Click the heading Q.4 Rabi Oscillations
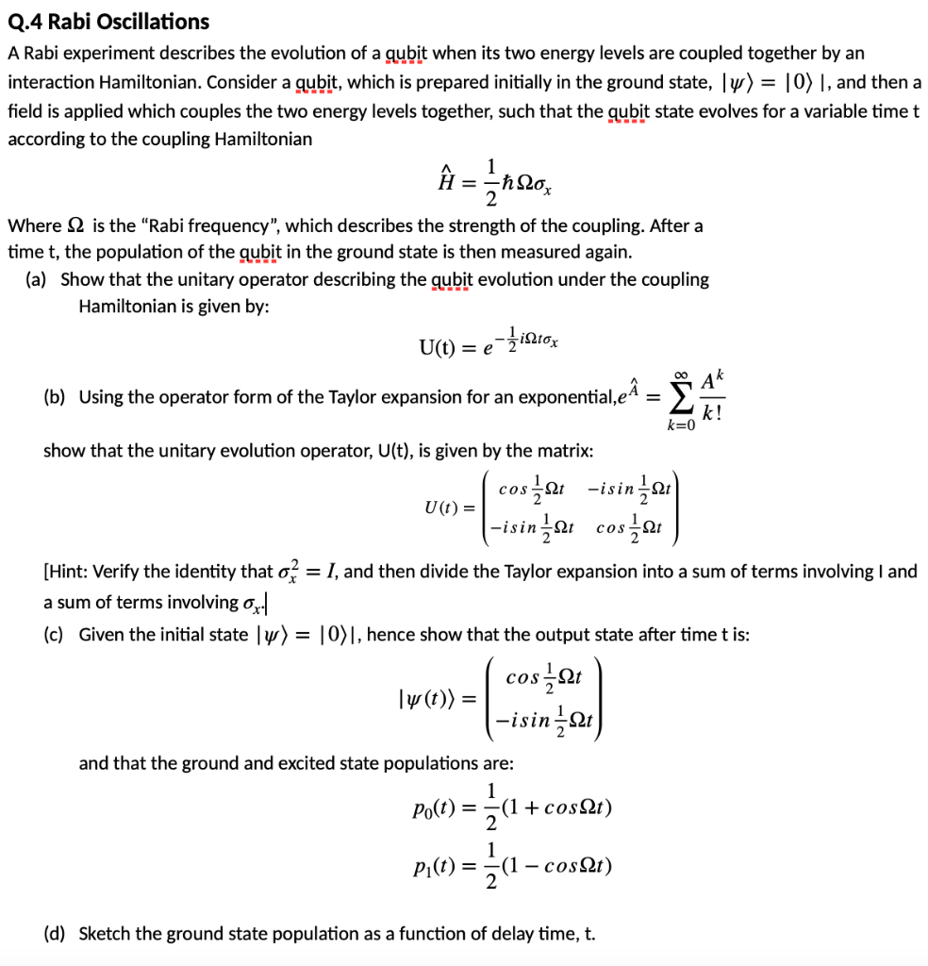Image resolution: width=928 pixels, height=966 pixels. [x=108, y=21]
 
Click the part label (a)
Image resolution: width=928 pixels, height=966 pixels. [x=42, y=279]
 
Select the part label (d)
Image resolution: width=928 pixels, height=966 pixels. [x=55, y=934]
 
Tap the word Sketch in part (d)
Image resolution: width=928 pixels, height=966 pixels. [x=105, y=934]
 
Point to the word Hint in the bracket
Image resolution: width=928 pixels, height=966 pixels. [x=73, y=571]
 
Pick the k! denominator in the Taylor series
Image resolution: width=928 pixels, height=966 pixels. [x=713, y=412]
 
